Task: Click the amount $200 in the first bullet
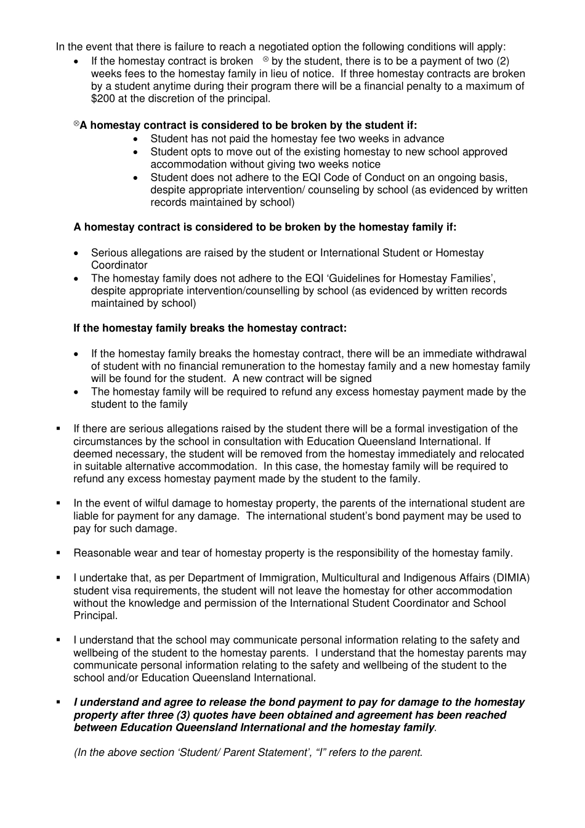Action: (x=103, y=99)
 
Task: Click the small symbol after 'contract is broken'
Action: (x=265, y=59)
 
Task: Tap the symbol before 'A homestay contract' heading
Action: (x=76, y=124)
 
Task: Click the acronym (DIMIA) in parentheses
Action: (x=511, y=578)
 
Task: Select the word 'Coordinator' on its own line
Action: (x=119, y=266)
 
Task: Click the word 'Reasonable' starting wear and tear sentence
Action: (x=99, y=553)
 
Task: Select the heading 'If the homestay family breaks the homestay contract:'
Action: (x=210, y=328)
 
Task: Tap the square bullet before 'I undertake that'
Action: (x=58, y=578)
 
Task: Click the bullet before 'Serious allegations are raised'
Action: (x=76, y=253)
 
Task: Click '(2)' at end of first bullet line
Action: (x=502, y=61)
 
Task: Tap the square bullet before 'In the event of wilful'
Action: (x=58, y=503)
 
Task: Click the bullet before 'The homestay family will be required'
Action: (x=76, y=392)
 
